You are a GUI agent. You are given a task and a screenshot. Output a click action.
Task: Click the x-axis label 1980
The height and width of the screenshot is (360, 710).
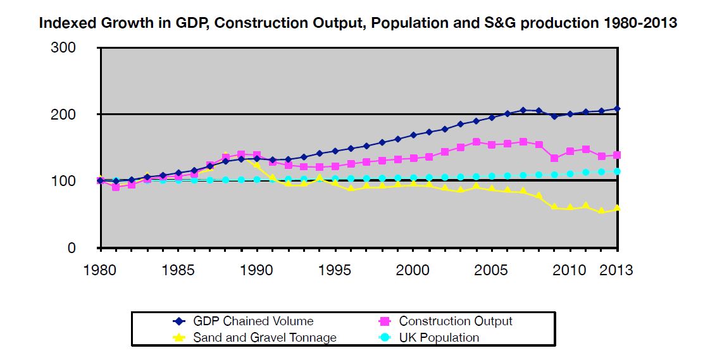tap(100, 270)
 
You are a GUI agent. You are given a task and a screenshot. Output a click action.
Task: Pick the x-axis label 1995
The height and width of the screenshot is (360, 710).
tap(335, 270)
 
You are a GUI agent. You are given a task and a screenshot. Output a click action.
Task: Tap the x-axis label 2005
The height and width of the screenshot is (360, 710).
tap(492, 270)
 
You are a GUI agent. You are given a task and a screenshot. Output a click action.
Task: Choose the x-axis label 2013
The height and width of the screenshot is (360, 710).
tap(615, 270)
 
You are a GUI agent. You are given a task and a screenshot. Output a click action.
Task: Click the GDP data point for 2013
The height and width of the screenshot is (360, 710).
tap(617, 109)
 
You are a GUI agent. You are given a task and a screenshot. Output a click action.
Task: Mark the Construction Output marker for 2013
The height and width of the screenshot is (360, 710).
tap(617, 155)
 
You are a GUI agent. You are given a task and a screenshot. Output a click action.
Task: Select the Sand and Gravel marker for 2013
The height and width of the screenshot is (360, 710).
tap(617, 208)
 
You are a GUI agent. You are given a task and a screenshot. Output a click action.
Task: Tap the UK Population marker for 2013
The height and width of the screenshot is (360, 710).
tap(617, 171)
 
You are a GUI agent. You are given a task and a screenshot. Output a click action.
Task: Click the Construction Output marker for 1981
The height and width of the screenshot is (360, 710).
tap(116, 187)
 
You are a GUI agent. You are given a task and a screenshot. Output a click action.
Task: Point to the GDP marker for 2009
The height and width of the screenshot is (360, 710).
tap(554, 116)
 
